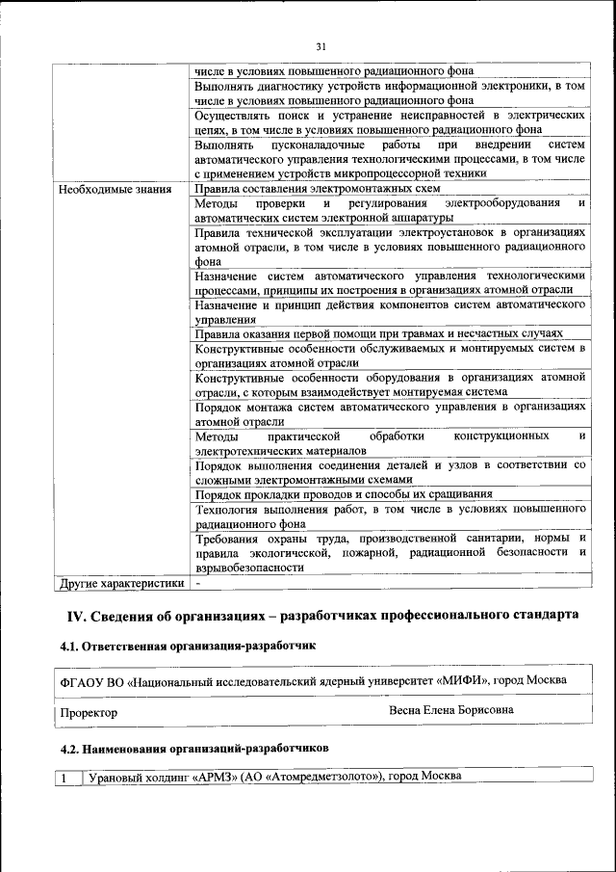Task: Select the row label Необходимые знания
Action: pos(115,189)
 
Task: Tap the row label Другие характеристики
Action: pos(121,583)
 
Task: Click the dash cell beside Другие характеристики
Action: pos(197,583)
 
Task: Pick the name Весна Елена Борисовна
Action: pos(450,710)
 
